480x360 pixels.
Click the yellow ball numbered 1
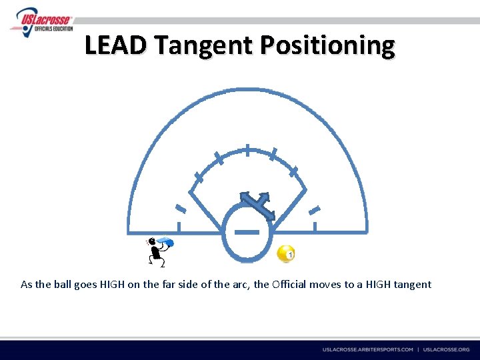pos(286,254)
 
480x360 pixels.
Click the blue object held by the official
pos(167,242)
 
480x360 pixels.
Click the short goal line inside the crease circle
pos(247,232)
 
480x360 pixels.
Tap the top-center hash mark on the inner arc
pos(247,150)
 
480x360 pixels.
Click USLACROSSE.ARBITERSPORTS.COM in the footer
pos(368,349)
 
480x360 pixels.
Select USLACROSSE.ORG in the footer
pos(446,349)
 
